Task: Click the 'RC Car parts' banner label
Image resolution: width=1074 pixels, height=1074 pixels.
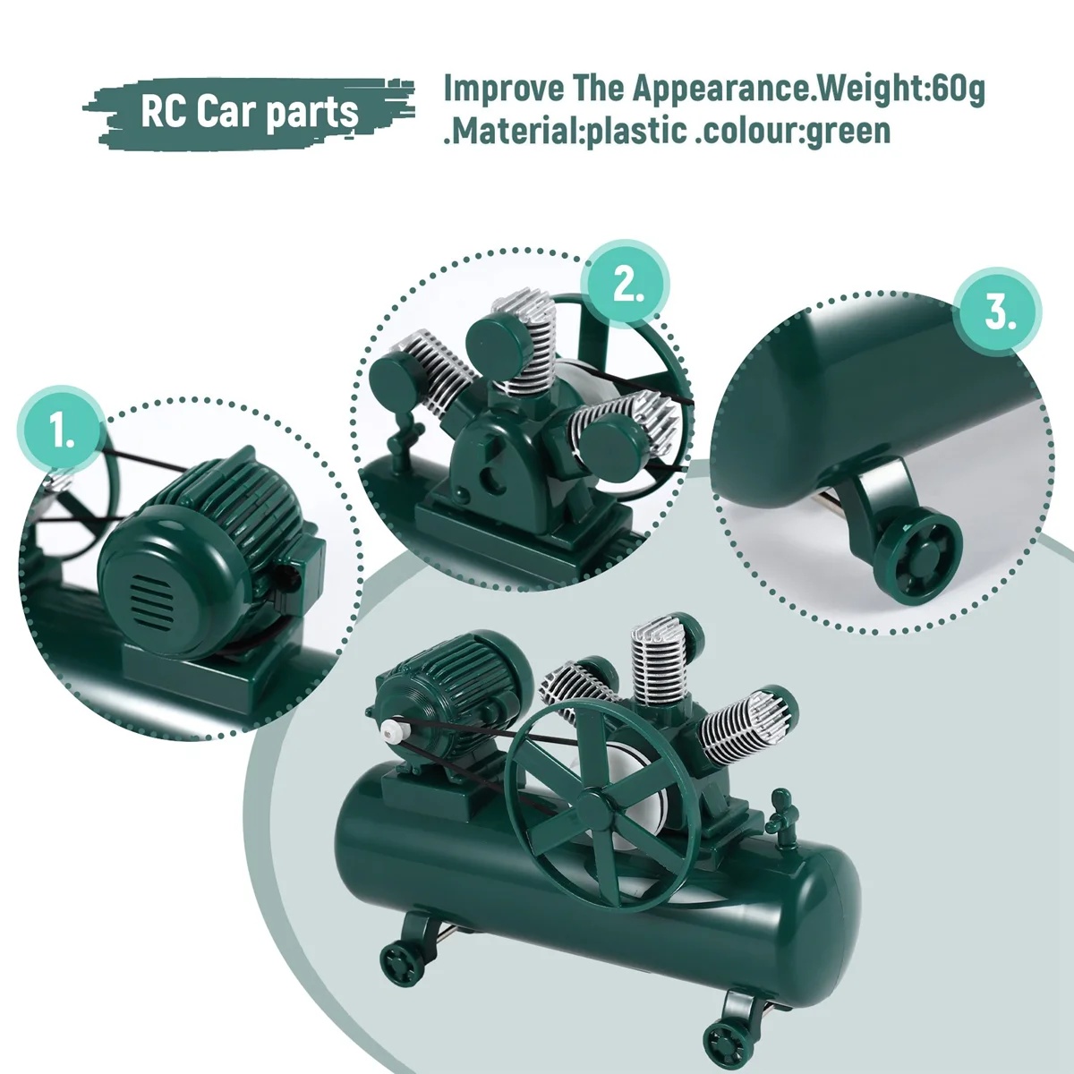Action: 249,113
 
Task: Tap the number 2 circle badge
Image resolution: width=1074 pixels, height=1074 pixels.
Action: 627,285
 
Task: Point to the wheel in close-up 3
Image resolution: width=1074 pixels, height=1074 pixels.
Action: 917,557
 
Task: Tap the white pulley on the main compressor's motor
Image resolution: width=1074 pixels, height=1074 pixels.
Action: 390,731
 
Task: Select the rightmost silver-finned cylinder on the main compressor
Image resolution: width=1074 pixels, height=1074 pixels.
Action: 743,725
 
